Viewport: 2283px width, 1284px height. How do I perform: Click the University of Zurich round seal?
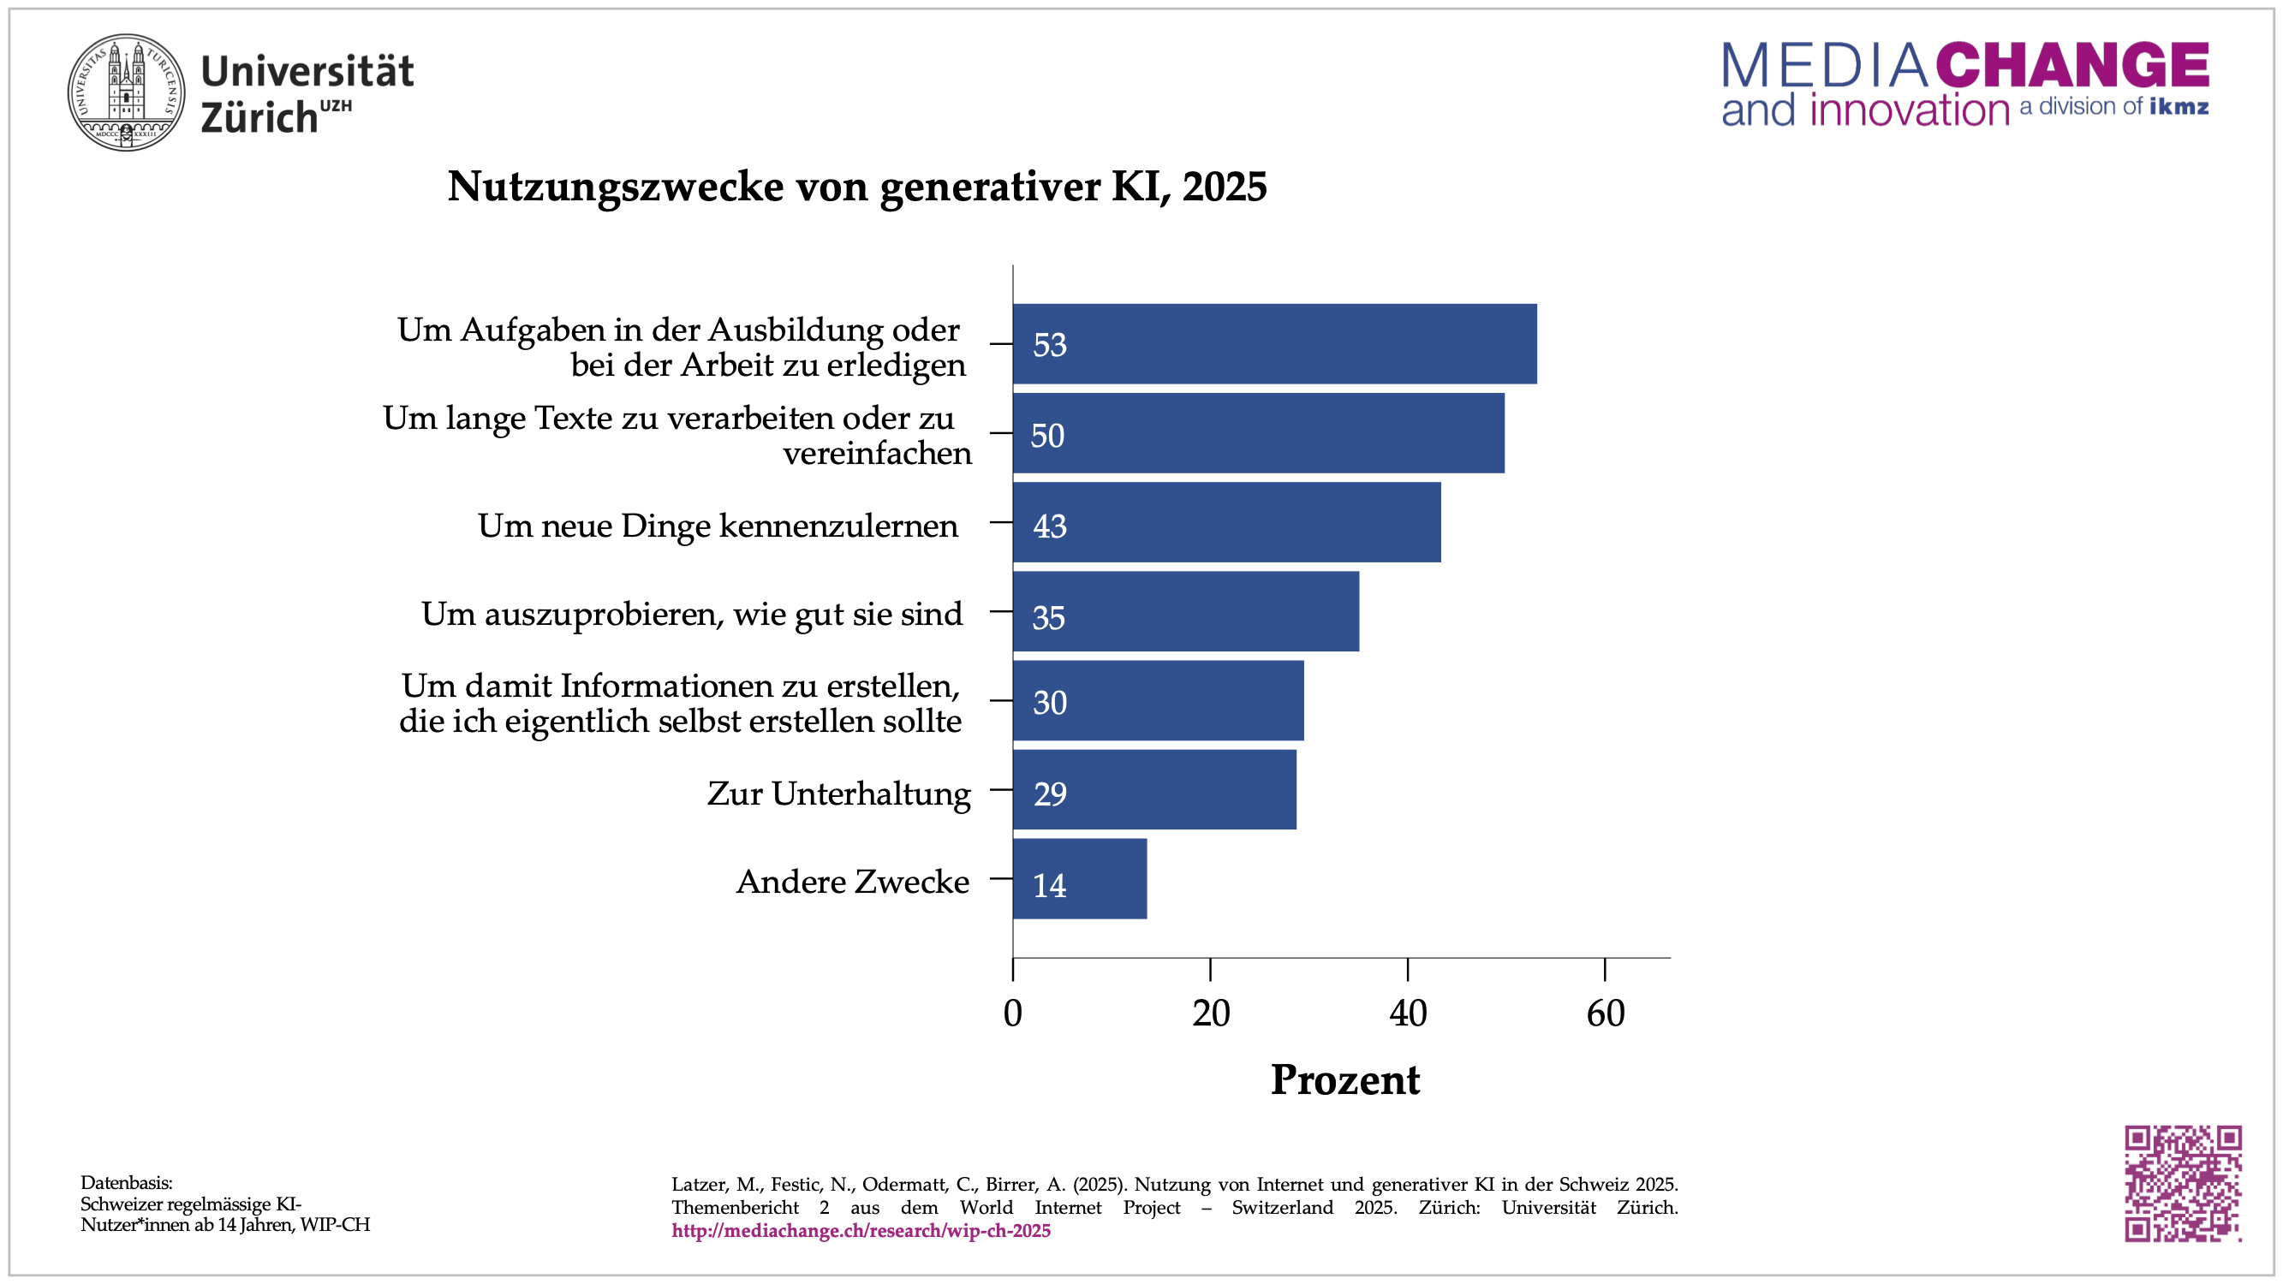pyautogui.click(x=127, y=92)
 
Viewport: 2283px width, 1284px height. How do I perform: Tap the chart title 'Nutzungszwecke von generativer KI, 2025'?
pyautogui.click(x=856, y=186)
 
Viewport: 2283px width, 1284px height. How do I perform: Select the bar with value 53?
pyautogui.click(x=1273, y=344)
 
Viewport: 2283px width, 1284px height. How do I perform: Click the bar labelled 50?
pyautogui.click(x=1258, y=433)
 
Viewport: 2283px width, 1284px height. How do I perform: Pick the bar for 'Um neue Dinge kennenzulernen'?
pyautogui.click(x=1225, y=523)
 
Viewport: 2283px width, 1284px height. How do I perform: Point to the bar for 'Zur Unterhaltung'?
pyautogui.click(x=1153, y=789)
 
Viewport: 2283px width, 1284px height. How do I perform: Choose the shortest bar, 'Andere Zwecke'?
pyautogui.click(x=1079, y=879)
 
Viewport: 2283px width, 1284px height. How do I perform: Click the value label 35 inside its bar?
pyautogui.click(x=1048, y=618)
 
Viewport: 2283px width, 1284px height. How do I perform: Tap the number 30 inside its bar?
pyautogui.click(x=1049, y=703)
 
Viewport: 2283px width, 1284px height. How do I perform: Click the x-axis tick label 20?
pyautogui.click(x=1211, y=1014)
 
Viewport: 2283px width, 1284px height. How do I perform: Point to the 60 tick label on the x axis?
pyautogui.click(x=1605, y=1014)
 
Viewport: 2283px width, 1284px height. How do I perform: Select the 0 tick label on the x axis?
pyautogui.click(x=1013, y=1014)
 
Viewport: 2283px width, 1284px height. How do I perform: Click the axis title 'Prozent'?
pyautogui.click(x=1344, y=1080)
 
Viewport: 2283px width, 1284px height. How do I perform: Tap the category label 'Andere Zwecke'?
pyautogui.click(x=853, y=882)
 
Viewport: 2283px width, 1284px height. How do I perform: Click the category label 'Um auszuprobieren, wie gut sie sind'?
pyautogui.click(x=691, y=614)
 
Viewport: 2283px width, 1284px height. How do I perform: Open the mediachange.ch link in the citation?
pyautogui.click(x=861, y=1231)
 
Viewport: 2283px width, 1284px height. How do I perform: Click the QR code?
pyautogui.click(x=2182, y=1183)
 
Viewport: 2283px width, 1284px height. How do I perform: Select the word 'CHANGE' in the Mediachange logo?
pyautogui.click(x=2072, y=65)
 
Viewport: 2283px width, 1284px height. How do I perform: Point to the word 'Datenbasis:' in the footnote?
pyautogui.click(x=127, y=1182)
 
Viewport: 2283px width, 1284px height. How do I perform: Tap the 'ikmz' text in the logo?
pyautogui.click(x=2179, y=107)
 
